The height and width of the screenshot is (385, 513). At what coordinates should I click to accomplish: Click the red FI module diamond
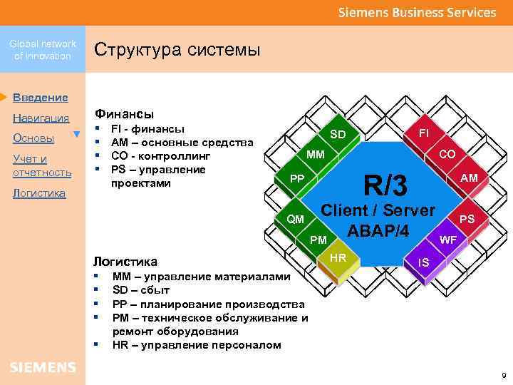423,133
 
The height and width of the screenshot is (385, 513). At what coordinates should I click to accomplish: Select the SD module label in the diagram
338,135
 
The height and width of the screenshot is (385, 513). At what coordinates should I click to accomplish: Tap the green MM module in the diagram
316,155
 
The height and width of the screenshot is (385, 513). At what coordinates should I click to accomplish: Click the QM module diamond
295,218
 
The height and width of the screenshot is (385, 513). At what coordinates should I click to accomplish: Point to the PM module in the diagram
318,240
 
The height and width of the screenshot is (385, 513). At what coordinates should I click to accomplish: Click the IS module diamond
423,262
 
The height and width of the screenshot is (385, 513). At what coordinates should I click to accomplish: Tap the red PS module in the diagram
467,219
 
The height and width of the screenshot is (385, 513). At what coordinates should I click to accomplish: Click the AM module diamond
469,178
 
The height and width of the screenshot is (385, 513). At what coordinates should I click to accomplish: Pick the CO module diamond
447,154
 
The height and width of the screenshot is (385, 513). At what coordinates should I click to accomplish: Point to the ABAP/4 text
378,232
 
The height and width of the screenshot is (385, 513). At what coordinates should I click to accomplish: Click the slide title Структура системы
177,50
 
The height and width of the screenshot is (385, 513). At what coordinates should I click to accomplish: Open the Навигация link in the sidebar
41,118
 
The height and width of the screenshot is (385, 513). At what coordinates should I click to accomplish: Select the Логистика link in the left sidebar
39,193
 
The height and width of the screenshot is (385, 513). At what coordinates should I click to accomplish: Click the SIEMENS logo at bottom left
43,367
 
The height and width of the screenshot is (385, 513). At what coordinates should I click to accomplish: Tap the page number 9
503,375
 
